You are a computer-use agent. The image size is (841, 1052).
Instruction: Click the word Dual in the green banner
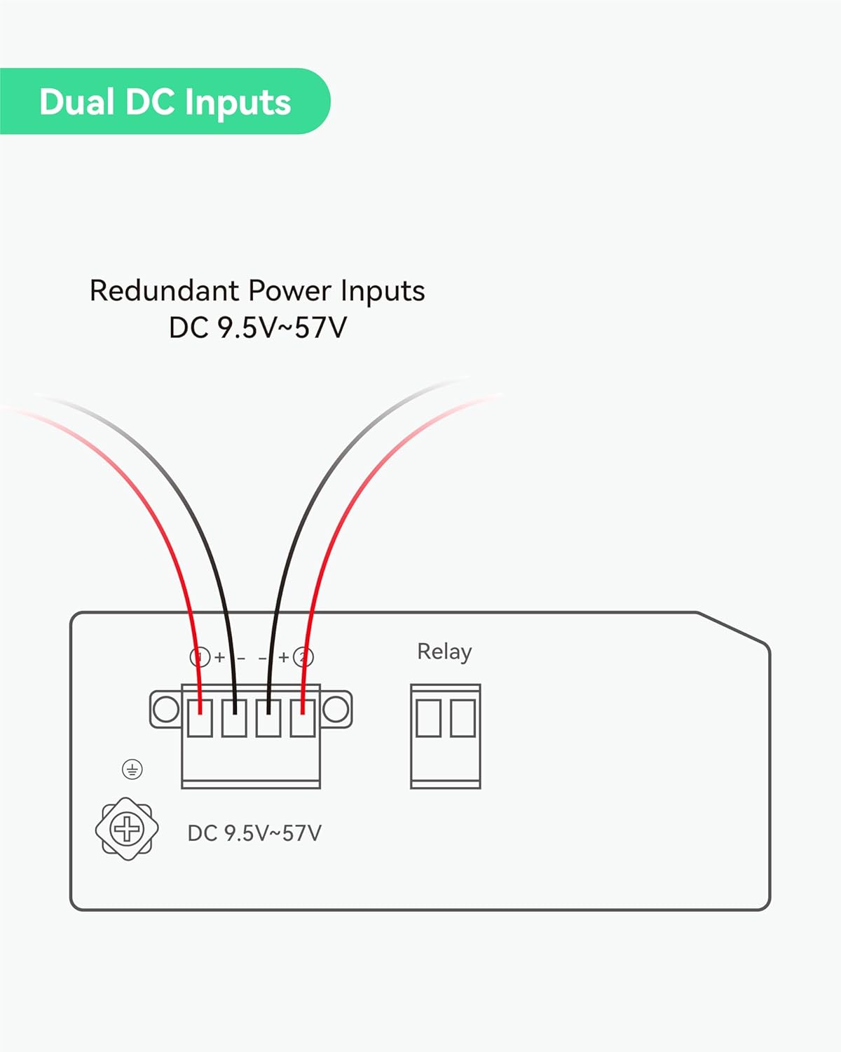pos(76,102)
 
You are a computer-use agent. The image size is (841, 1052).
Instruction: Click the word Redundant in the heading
pos(165,291)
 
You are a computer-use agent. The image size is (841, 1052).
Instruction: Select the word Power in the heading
pos(290,291)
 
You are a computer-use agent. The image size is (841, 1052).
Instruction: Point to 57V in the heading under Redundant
pos(320,328)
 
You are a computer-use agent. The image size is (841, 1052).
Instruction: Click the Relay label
pos(444,652)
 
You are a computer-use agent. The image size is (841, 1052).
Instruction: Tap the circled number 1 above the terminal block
pos(200,657)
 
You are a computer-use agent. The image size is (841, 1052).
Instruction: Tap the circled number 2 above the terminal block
pos(303,657)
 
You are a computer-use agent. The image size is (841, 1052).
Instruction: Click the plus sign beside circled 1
pos(219,657)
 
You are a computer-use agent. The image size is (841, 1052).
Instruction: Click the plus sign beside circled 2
pos(284,657)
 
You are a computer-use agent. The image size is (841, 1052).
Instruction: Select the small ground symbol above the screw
pos(132,769)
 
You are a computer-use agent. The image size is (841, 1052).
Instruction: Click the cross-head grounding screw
pos(127,829)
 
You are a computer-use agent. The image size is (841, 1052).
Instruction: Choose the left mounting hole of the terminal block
pos(165,709)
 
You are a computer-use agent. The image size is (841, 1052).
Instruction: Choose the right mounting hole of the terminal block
pos(336,709)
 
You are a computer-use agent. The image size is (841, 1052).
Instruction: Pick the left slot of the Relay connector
pos(428,718)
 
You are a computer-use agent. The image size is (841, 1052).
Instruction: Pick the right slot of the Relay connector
pos(463,718)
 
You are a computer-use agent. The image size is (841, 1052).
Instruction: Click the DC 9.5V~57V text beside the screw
pos(254,833)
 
